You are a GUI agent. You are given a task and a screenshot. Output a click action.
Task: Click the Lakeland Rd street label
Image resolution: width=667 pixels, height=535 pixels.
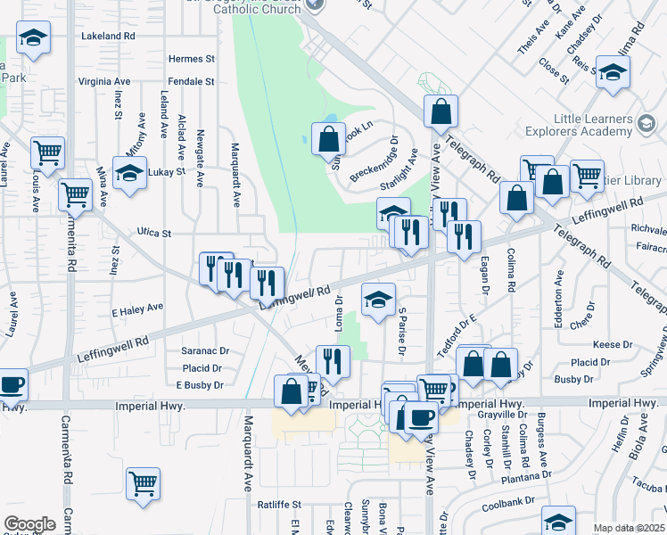pos(108,37)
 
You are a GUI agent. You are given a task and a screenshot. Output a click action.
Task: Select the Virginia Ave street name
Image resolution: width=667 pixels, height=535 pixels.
pos(105,81)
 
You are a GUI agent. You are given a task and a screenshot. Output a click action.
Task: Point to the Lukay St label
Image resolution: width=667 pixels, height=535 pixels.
pos(167,171)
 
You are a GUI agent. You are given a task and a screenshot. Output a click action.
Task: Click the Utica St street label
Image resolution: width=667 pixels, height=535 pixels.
pos(154,232)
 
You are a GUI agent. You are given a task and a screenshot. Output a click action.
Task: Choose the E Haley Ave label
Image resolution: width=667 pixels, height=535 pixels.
pos(137,308)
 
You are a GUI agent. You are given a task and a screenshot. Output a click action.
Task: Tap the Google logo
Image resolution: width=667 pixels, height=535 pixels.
pos(29,524)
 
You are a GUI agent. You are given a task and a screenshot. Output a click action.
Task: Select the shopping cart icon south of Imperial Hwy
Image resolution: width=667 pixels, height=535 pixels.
pos(143,483)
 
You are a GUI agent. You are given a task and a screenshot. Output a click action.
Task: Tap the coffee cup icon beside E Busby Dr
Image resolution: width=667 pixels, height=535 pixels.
pos(12,384)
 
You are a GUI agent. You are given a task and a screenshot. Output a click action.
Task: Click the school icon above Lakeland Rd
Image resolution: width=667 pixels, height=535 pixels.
pos(33,37)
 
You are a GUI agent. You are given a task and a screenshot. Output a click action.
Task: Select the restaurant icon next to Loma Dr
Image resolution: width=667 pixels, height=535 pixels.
pos(333,361)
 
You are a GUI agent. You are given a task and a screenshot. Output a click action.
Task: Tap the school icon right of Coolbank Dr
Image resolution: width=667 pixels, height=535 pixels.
pos(558,521)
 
